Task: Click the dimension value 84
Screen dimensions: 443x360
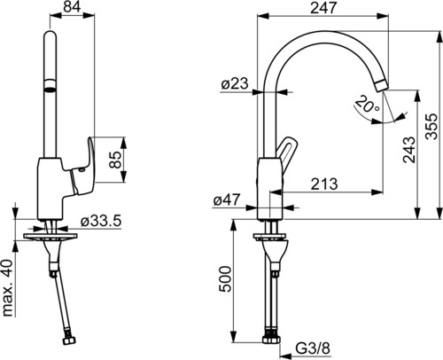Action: point(73,7)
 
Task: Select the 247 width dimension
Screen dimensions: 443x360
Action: point(323,7)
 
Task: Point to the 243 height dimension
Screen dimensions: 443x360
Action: point(409,149)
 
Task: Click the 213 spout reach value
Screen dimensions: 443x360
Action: point(324,184)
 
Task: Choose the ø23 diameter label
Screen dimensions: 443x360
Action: point(235,83)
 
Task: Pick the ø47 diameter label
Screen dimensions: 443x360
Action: point(227,200)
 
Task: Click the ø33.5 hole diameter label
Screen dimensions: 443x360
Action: point(101,221)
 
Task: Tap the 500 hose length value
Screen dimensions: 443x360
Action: point(226,279)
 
